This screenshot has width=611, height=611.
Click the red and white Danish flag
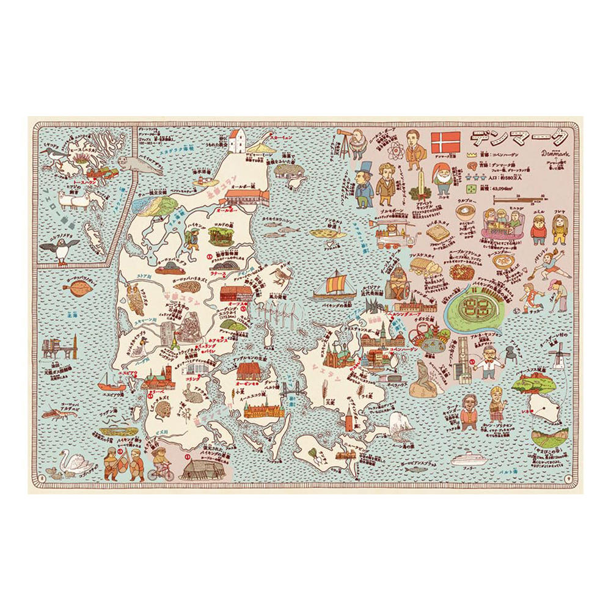[x=446, y=142]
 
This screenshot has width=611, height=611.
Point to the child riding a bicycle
[x=160, y=464]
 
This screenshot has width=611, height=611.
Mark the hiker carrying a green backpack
[x=192, y=238]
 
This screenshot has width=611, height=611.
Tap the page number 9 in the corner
[x=568, y=479]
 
